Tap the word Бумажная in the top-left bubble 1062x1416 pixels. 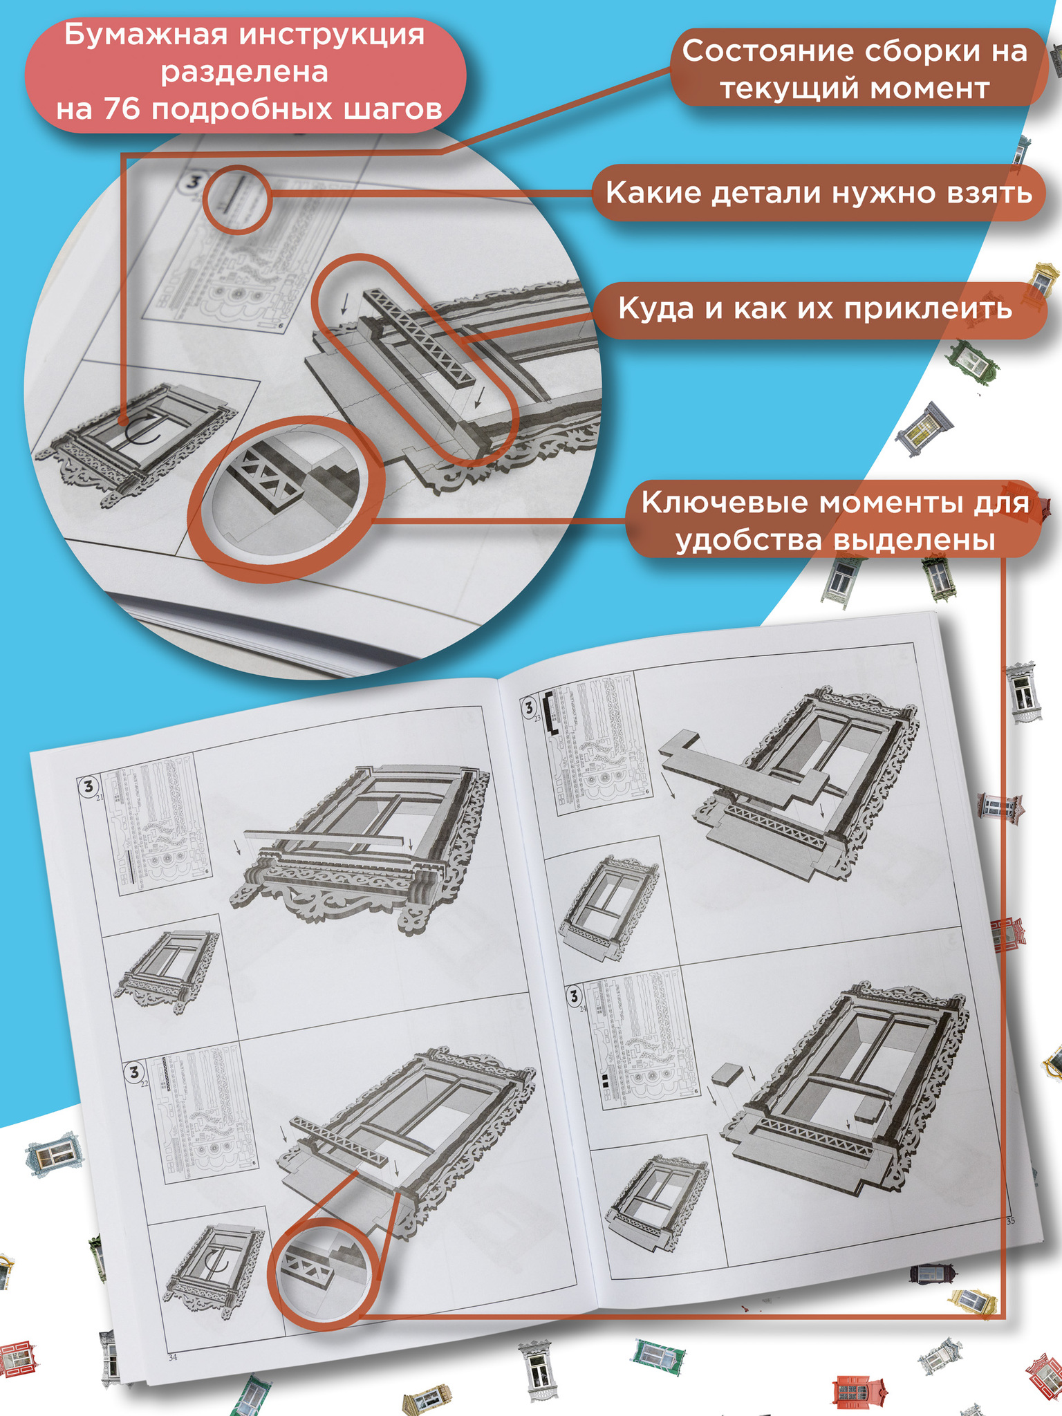[145, 35]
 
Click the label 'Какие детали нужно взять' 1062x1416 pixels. [819, 193]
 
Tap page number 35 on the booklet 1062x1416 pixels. [1011, 1220]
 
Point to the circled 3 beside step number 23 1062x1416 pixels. [530, 707]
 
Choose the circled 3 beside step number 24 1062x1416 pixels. [574, 996]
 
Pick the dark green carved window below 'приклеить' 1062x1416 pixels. [973, 360]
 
